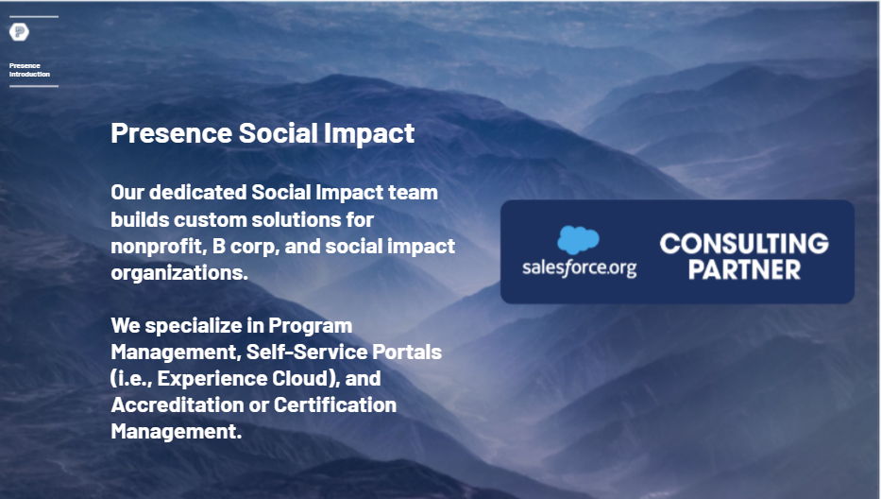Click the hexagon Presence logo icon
[x=19, y=32]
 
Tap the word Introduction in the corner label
[x=30, y=75]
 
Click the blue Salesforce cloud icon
[x=578, y=240]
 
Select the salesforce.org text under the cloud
[x=579, y=267]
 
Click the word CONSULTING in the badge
[x=744, y=244]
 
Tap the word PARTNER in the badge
[x=744, y=269]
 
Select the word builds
[x=140, y=219]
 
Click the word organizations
[x=179, y=273]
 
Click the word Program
[x=310, y=326]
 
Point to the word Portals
[x=407, y=353]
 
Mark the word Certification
[x=335, y=405]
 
